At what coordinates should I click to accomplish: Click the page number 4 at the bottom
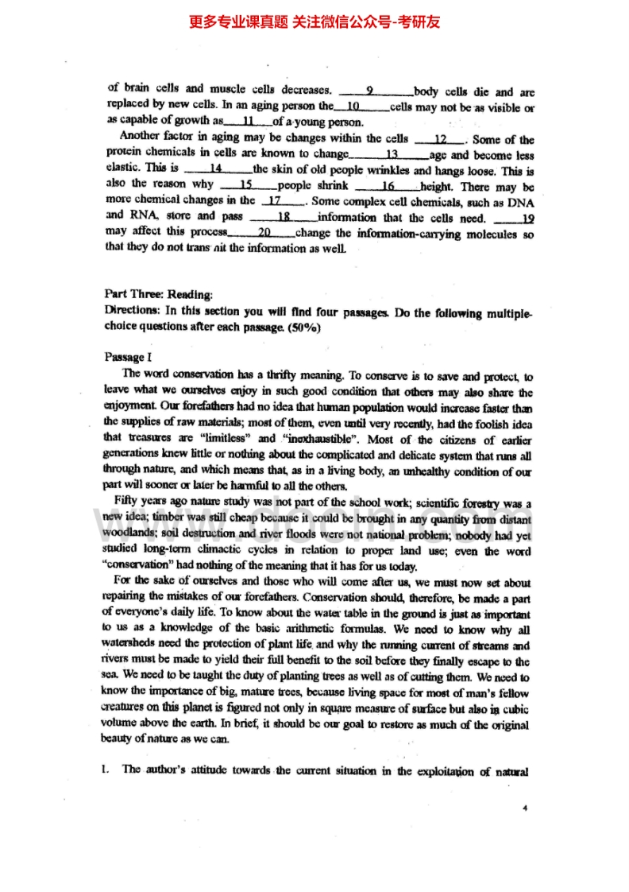pos(525,808)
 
